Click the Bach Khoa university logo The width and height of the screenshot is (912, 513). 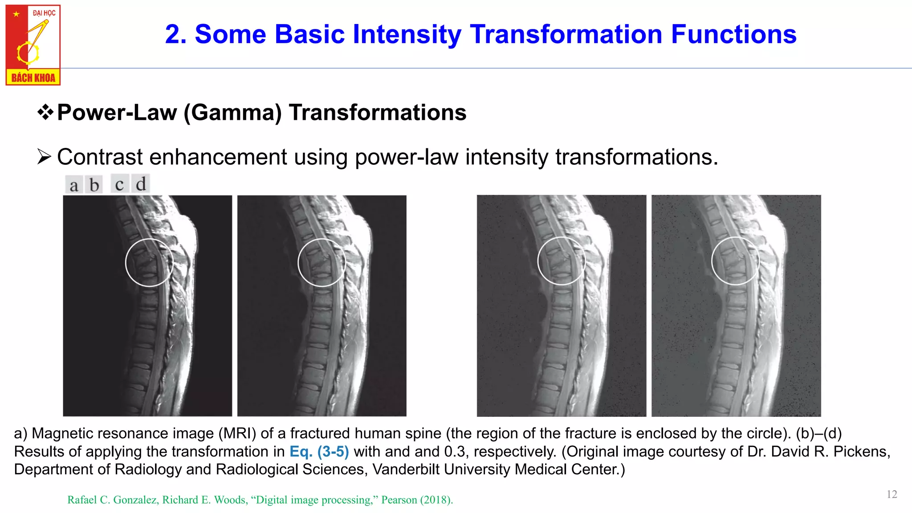click(33, 45)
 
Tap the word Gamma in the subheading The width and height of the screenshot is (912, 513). click(233, 113)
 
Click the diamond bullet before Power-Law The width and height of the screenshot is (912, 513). click(45, 112)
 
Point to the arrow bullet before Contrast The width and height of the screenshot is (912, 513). click(44, 157)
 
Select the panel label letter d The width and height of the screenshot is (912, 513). click(141, 184)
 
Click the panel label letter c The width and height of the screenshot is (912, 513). click(119, 184)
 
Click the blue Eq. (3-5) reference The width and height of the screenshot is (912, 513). click(319, 452)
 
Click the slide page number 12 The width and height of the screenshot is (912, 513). click(892, 494)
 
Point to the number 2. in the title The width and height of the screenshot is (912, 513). click(175, 34)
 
